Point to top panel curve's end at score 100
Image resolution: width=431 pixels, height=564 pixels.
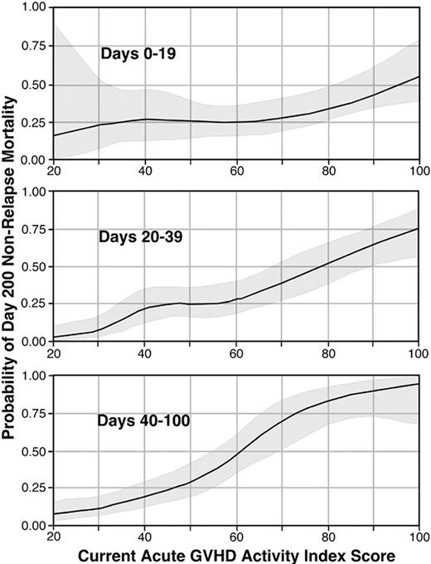(x=419, y=76)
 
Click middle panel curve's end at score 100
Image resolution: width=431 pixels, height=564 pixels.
(x=419, y=228)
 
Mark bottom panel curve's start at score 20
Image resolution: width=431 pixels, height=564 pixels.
(x=52, y=514)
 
